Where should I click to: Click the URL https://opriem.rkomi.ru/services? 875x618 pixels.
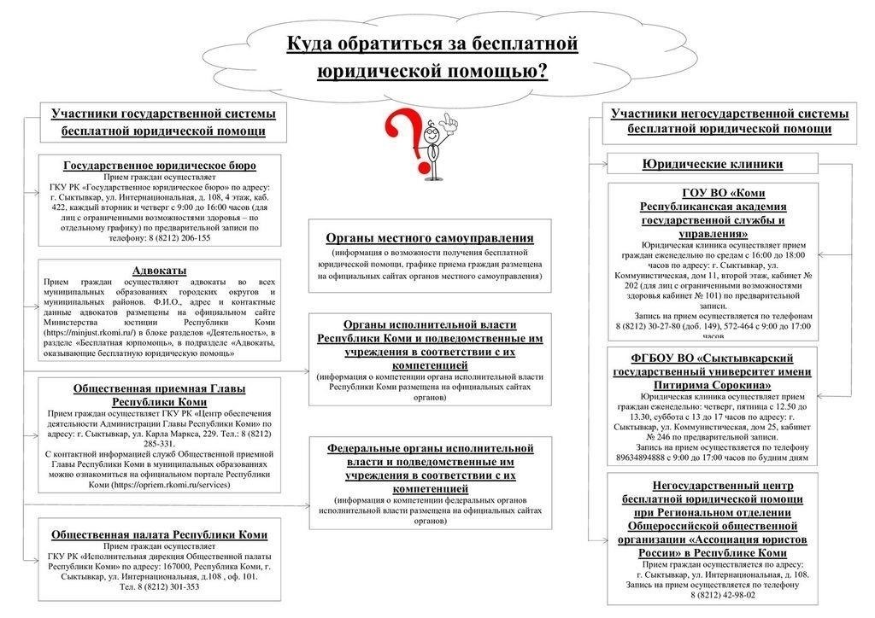click(171, 484)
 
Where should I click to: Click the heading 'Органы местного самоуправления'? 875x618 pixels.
click(430, 238)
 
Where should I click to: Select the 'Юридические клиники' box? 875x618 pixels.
click(712, 164)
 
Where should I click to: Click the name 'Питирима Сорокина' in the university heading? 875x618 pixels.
click(712, 386)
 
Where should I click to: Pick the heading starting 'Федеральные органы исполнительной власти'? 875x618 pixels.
click(430, 468)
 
